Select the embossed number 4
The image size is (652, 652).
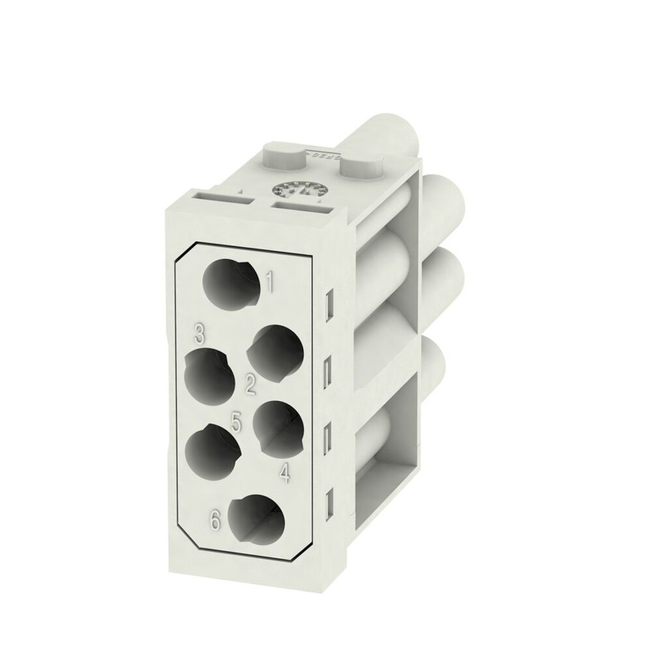tap(284, 473)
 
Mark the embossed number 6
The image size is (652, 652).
tap(215, 520)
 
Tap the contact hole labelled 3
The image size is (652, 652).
tap(210, 376)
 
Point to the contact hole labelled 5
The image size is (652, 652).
tap(210, 451)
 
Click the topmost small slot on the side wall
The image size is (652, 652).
tap(329, 302)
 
